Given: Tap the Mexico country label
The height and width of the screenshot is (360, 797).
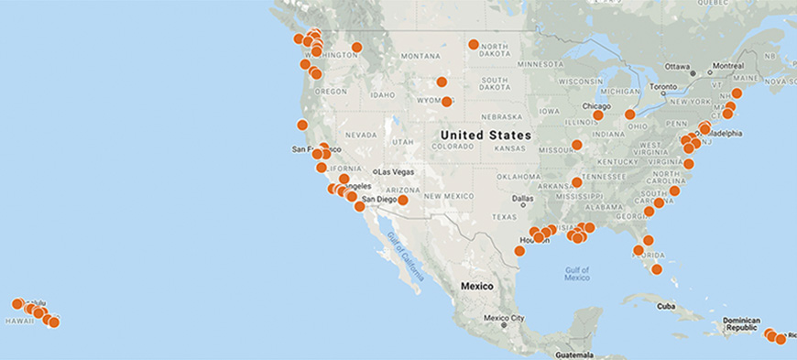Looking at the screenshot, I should pyautogui.click(x=476, y=286).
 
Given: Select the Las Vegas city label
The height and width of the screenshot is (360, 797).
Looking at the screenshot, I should pyautogui.click(x=398, y=172).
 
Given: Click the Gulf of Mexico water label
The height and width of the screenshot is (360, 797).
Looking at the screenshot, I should pyautogui.click(x=577, y=272).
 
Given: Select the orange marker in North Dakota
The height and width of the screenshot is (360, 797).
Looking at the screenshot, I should pyautogui.click(x=474, y=44).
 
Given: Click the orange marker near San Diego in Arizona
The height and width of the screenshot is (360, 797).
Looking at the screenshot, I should pyautogui.click(x=402, y=200).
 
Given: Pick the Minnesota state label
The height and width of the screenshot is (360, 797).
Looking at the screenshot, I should pyautogui.click(x=540, y=64).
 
